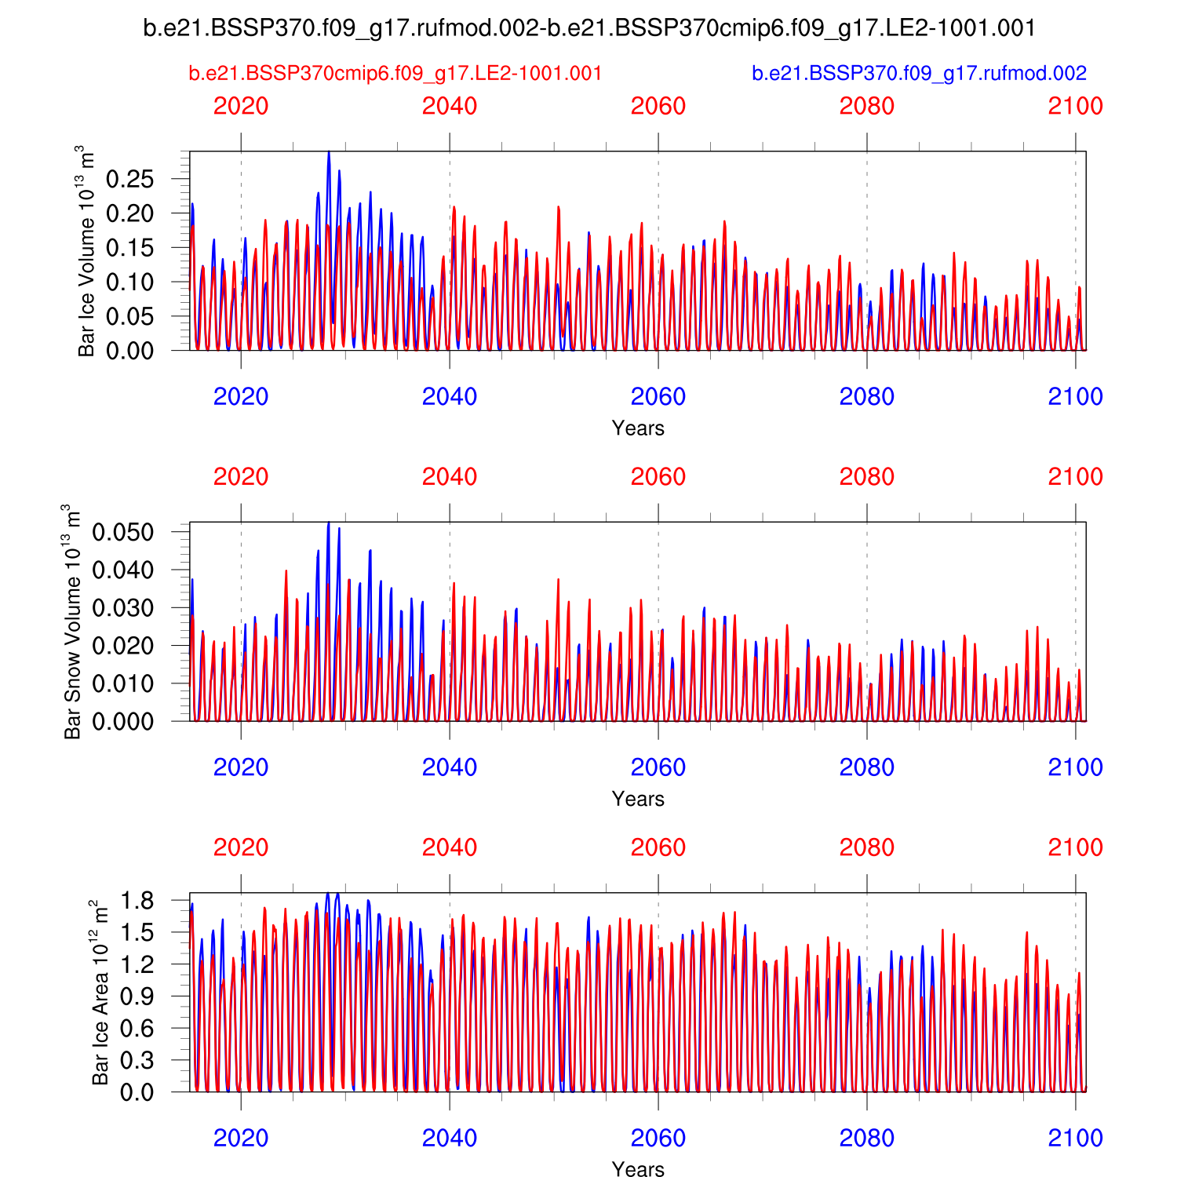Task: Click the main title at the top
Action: (589, 28)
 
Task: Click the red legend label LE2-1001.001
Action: (395, 74)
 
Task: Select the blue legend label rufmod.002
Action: (919, 74)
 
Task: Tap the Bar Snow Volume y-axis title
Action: (72, 621)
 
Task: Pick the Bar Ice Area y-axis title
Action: (100, 993)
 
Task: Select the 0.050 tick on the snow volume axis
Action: (123, 532)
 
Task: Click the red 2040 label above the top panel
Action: (450, 106)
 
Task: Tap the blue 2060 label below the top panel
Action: (658, 397)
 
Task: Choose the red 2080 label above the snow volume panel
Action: (867, 477)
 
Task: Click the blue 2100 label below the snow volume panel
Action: (1076, 767)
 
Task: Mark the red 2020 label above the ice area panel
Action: (241, 847)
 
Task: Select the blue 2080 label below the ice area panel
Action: (867, 1138)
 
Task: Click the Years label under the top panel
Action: (638, 428)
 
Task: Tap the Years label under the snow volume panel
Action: (638, 799)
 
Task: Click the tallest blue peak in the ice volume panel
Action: (329, 152)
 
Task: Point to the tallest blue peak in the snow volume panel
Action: (329, 523)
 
